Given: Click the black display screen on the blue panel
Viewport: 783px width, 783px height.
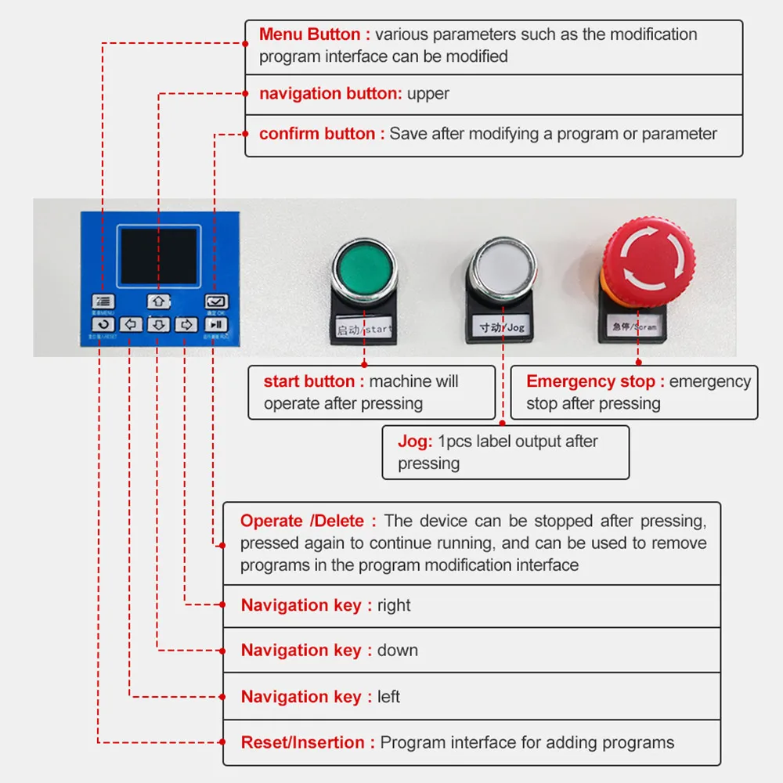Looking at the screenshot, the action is [x=159, y=256].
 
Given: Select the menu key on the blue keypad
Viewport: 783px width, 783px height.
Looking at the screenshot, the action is [x=103, y=301].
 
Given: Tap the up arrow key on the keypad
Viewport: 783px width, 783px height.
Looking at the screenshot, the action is [x=159, y=301].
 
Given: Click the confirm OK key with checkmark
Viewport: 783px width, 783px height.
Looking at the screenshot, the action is [x=216, y=301].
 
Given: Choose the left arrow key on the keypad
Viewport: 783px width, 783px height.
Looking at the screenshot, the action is [x=131, y=324].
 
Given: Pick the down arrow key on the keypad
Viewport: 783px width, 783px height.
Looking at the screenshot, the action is [x=159, y=324].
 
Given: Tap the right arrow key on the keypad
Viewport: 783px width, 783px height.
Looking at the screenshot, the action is [x=186, y=324].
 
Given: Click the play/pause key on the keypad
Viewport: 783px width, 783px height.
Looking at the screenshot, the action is [x=216, y=324].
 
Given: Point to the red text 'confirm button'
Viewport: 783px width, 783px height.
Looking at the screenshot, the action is [x=321, y=134].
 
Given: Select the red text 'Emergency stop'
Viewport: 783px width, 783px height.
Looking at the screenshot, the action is [x=595, y=381].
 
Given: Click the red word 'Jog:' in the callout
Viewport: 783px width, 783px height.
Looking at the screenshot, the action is [x=414, y=442].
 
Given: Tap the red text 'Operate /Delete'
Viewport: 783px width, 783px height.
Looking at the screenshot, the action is [x=308, y=521].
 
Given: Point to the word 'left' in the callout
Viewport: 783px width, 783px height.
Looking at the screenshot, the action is [x=388, y=697].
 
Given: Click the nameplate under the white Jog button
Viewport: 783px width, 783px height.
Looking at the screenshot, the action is [x=501, y=327].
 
